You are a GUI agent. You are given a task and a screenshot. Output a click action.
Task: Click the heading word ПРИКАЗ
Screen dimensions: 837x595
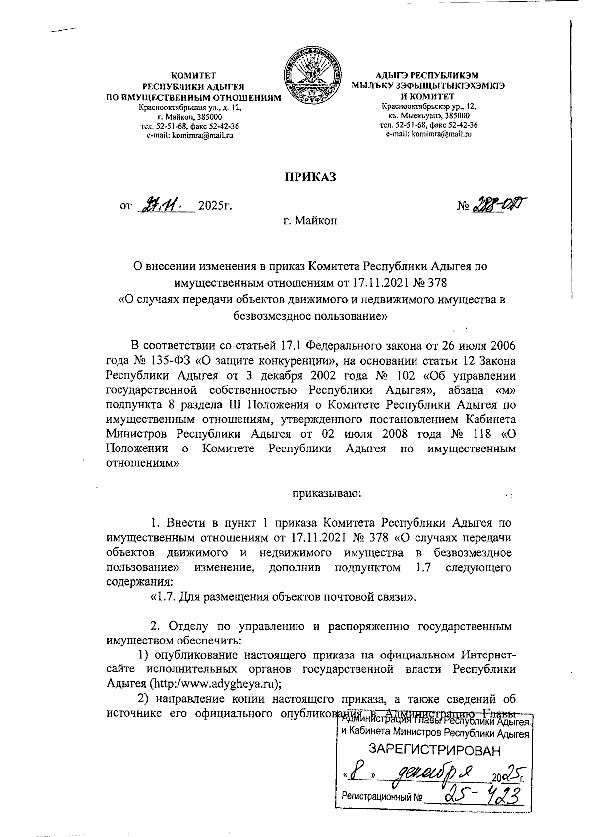pos(310,177)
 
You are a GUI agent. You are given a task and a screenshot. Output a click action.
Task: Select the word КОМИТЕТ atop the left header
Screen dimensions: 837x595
pos(193,76)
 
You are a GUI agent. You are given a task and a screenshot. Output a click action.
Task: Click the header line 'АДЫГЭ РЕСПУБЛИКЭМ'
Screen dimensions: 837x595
pos(427,76)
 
